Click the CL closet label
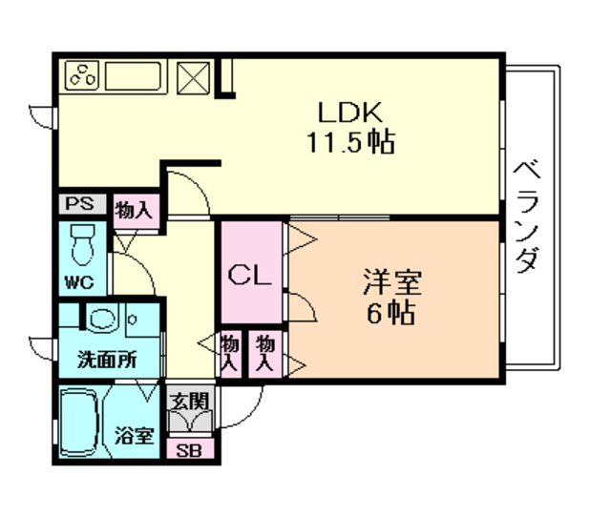coord(253,276)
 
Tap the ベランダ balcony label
coord(527,217)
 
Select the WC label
coord(79,282)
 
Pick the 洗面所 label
coord(106,361)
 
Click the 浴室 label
coord(136,436)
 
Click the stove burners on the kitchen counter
coord(82,74)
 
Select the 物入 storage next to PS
coord(134,209)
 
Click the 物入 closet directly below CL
coord(231,352)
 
